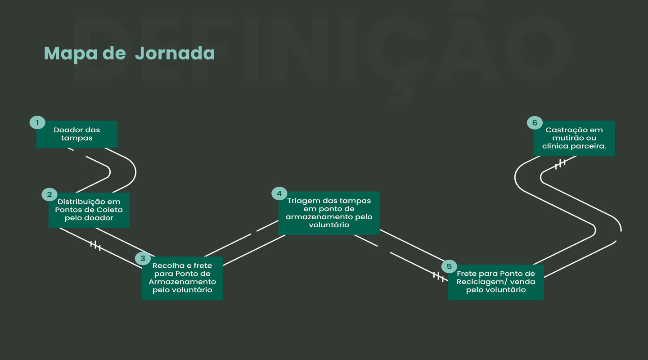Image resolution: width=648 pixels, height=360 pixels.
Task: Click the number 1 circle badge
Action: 37,122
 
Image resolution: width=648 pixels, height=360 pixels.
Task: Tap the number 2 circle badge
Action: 49,194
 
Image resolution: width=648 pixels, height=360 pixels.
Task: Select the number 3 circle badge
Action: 143,258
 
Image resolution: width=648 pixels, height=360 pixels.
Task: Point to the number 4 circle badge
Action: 279,193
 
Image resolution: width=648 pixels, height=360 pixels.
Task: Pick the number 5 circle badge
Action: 449,266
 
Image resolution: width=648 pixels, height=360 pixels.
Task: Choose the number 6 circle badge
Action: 535,122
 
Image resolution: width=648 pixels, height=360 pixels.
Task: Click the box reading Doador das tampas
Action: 77,134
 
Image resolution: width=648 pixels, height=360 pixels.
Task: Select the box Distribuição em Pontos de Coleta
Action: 89,210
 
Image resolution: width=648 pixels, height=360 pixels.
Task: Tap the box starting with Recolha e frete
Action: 182,278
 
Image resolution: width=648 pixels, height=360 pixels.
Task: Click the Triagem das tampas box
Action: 329,213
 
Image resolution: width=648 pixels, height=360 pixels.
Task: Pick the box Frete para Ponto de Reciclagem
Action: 496,282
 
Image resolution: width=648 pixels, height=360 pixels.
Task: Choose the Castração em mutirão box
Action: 574,138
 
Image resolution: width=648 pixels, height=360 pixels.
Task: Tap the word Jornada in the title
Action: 175,54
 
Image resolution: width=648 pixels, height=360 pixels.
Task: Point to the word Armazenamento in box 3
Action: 182,282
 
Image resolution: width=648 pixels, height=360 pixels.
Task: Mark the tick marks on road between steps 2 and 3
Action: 95,245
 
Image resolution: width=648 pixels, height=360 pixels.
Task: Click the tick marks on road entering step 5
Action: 438,276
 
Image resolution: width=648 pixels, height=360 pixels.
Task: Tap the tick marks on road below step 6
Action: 560,164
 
